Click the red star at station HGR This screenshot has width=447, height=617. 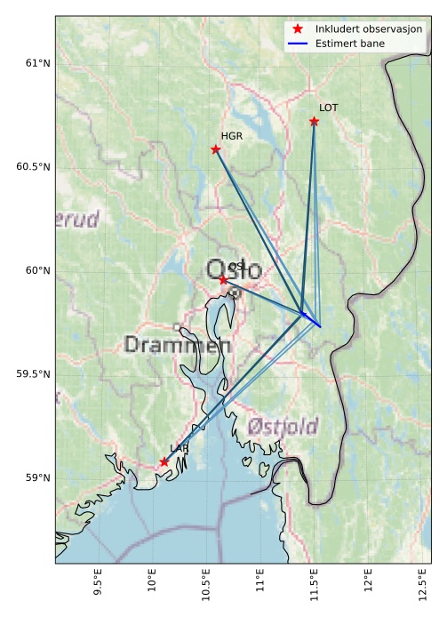(216, 149)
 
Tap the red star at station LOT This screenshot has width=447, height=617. (314, 121)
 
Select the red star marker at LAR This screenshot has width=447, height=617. (164, 461)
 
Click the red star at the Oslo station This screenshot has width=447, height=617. (223, 279)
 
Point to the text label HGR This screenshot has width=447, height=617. (231, 137)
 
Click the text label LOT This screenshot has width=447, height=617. (329, 108)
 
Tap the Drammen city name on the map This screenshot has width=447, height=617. (177, 345)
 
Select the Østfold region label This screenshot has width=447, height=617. (283, 427)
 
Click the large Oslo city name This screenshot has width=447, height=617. (234, 270)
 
